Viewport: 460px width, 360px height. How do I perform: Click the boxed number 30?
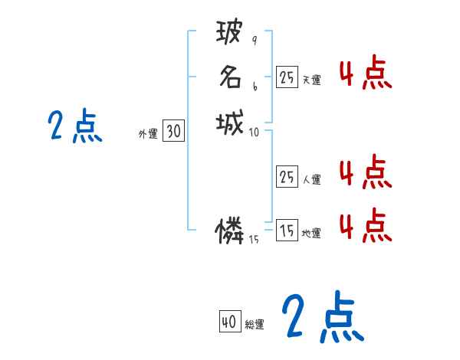click(x=173, y=132)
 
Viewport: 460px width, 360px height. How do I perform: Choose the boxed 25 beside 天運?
click(x=287, y=77)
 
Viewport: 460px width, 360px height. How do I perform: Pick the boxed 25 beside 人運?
click(x=287, y=177)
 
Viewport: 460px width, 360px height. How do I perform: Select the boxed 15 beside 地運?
click(x=287, y=231)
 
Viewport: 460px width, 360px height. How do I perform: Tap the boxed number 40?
click(x=228, y=322)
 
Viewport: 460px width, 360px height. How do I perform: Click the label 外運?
click(x=148, y=133)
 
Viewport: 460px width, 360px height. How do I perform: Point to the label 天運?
click(x=312, y=79)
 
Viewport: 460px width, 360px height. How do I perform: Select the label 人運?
click(x=312, y=179)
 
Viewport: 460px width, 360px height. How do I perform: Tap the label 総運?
click(x=255, y=324)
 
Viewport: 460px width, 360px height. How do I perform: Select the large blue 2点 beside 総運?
click(x=322, y=317)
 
